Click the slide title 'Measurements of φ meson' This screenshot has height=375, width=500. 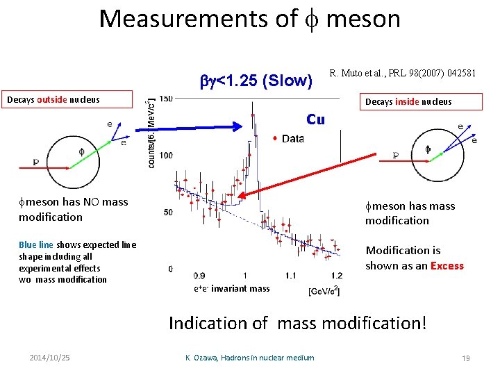[x=249, y=19]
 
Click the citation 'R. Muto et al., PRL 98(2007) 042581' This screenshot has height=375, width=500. [x=402, y=72]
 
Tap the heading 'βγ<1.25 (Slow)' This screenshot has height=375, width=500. [x=256, y=81]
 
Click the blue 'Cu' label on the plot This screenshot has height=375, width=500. [x=315, y=119]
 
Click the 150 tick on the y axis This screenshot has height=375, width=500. [x=166, y=99]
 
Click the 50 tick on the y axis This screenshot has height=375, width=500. [x=168, y=212]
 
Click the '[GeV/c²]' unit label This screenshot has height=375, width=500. [x=324, y=290]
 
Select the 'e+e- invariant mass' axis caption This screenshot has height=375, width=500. [x=232, y=288]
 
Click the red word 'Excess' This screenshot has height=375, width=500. [x=447, y=265]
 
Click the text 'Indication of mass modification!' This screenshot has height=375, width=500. [x=297, y=323]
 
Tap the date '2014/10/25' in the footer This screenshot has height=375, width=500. [x=50, y=358]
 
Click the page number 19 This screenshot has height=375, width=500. [x=465, y=358]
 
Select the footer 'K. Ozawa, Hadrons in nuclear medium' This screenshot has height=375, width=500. [x=249, y=358]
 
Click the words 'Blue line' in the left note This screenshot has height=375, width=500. [x=36, y=244]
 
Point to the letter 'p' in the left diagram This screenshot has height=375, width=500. [x=35, y=161]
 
